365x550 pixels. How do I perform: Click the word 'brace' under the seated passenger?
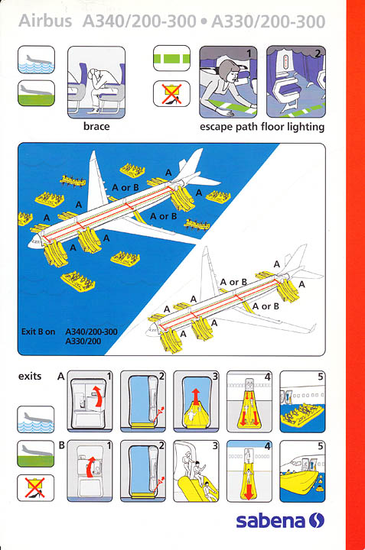pos(96,126)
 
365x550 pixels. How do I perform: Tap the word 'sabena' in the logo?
pos(270,521)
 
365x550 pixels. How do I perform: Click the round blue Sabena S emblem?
pos(317,520)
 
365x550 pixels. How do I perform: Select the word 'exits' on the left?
pos(30,377)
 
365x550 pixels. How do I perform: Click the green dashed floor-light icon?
pos(171,58)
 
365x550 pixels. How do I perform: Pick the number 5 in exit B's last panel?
pos(320,446)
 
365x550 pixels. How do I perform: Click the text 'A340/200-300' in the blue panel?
pos(91,332)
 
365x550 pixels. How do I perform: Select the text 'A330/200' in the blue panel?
pos(83,341)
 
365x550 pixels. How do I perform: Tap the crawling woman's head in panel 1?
pos(229,71)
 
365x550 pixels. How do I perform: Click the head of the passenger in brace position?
pos(94,74)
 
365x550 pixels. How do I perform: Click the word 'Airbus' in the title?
pos(45,21)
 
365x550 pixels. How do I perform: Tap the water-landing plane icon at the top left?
pos(36,60)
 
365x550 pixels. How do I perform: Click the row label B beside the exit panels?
pos(61,445)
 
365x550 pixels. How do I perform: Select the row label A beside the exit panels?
pos(61,377)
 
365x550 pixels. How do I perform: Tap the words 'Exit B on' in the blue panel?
pos(38,332)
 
